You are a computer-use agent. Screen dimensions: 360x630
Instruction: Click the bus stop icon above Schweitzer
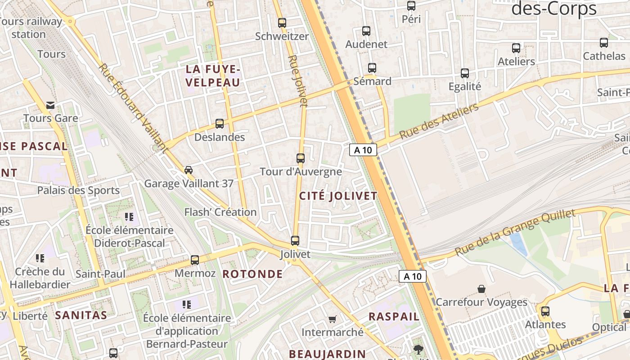[282, 22]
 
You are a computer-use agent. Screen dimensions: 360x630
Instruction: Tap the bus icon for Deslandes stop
[220, 123]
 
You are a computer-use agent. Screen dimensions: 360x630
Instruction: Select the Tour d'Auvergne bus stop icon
[301, 158]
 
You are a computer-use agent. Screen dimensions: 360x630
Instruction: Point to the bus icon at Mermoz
[195, 260]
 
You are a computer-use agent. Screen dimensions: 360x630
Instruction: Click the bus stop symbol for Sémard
[372, 68]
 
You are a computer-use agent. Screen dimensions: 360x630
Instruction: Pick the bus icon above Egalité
[465, 73]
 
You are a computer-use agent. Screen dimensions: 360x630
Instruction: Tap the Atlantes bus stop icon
[545, 311]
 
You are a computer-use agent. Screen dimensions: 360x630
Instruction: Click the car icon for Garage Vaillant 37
[189, 170]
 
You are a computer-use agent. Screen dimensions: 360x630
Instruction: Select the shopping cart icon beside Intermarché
[332, 319]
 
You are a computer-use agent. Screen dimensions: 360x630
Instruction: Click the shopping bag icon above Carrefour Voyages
[481, 288]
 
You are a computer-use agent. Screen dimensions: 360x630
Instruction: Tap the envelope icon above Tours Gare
[50, 105]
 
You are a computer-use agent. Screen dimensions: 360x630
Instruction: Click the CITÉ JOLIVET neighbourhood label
[338, 196]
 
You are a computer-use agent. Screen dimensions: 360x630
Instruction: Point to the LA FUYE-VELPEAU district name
[213, 76]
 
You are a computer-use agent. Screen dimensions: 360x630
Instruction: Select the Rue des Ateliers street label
[439, 121]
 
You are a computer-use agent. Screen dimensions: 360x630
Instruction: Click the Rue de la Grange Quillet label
[515, 232]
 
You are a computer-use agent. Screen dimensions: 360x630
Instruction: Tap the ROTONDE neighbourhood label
[253, 274]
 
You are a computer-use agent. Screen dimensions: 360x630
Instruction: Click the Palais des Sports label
[78, 190]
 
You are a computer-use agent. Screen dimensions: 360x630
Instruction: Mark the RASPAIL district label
[394, 316]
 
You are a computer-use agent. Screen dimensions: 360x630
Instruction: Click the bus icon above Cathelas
[604, 43]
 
